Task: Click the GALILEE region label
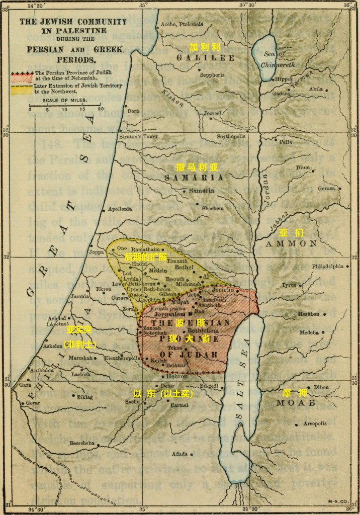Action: [x=205, y=58]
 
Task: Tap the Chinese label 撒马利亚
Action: [x=197, y=167]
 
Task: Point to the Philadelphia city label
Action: [x=328, y=266]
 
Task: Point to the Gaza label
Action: [x=25, y=384]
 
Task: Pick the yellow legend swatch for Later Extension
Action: [x=22, y=89]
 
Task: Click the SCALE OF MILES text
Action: [x=65, y=101]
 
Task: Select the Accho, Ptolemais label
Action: [x=182, y=24]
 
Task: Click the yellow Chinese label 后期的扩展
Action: [x=145, y=256]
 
